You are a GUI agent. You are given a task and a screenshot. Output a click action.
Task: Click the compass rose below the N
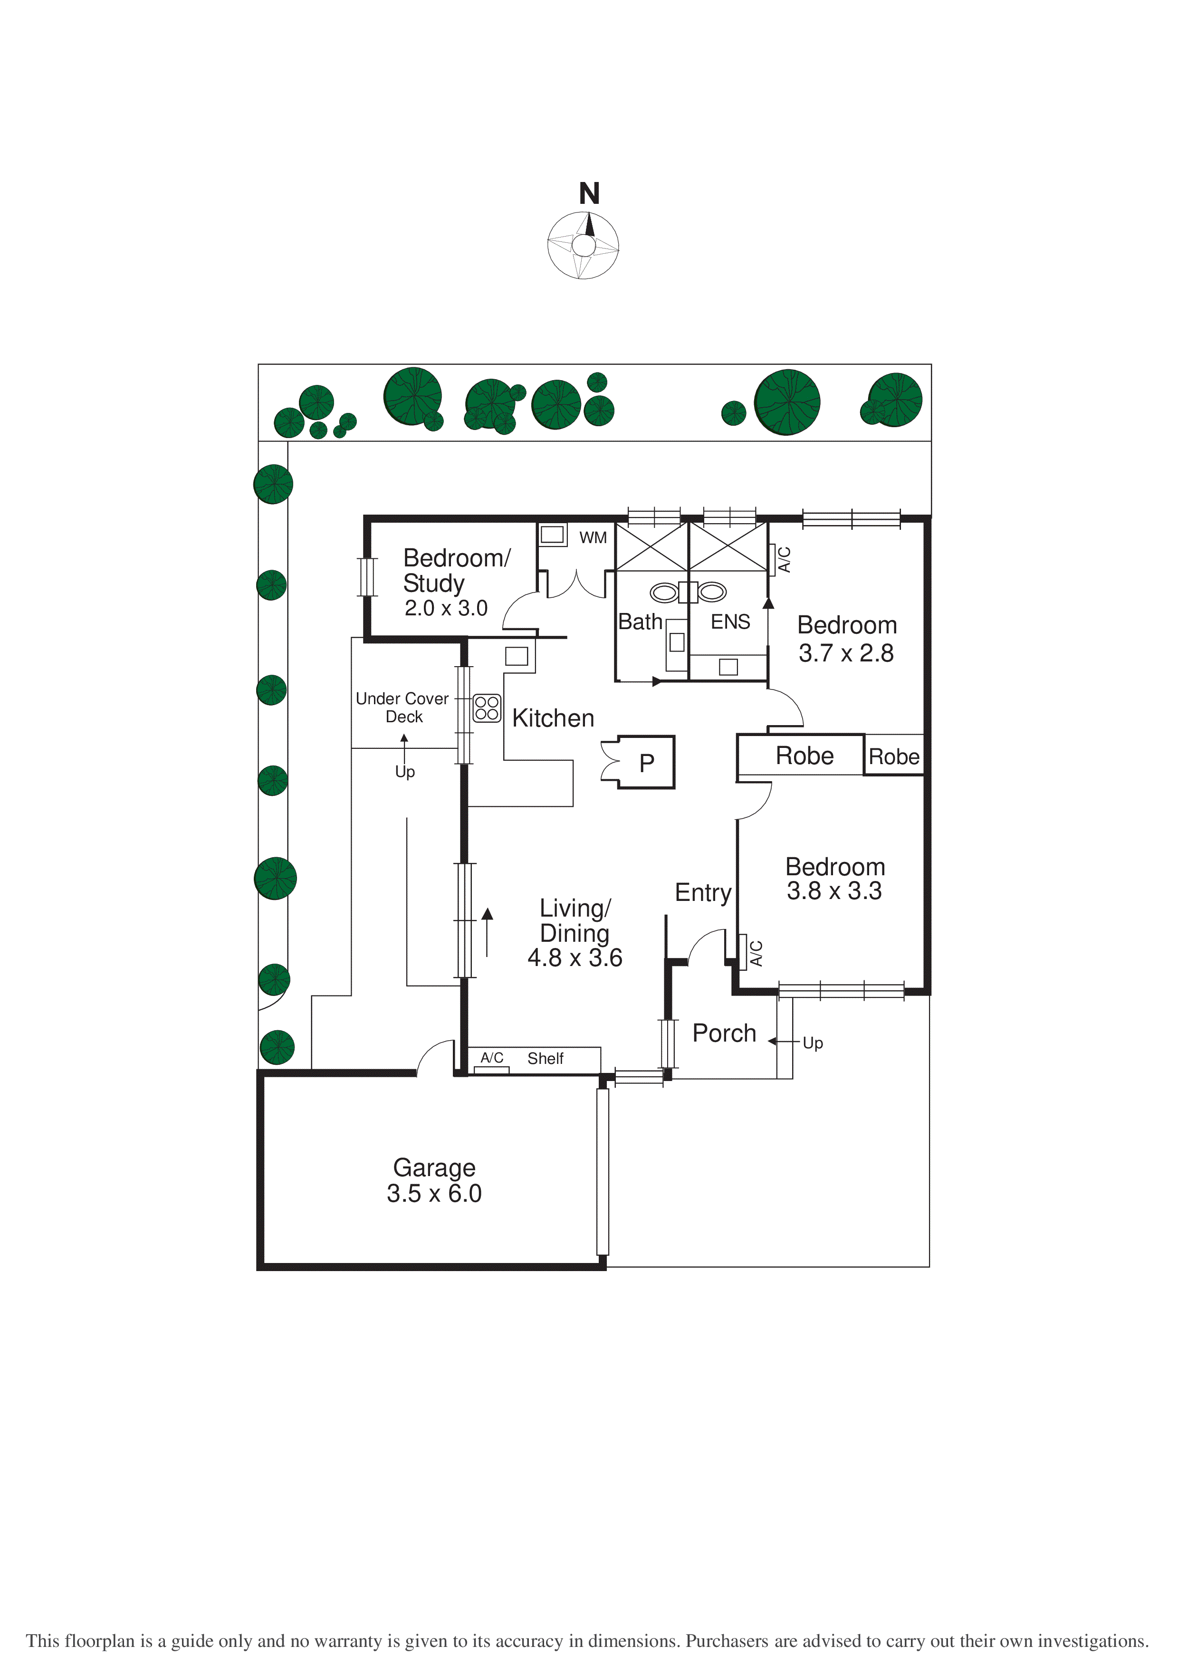point(583,245)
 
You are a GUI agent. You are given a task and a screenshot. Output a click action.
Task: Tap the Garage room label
point(434,1169)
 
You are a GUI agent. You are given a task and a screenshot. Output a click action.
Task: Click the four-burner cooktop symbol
point(487,708)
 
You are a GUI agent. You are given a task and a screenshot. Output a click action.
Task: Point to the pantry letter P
point(646,763)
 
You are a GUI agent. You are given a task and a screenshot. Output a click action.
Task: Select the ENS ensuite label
point(730,622)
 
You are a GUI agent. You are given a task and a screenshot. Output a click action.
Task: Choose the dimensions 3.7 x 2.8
point(846,653)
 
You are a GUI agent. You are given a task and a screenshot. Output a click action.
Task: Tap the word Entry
point(703,893)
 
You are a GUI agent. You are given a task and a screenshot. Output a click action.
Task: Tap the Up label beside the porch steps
point(813,1043)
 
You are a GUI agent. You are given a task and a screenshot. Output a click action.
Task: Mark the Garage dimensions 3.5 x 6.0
point(434,1193)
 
